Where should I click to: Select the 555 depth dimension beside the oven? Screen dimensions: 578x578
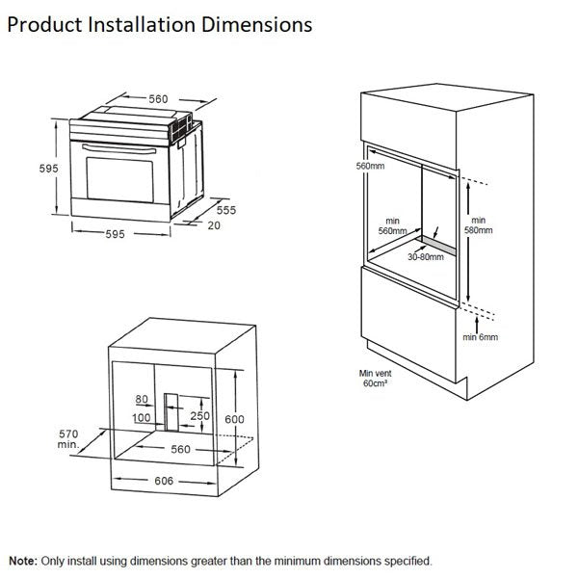coord(225,208)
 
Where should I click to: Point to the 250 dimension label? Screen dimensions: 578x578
coord(199,415)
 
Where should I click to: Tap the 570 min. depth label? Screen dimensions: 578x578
coord(67,438)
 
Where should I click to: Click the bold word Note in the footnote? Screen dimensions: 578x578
coord(23,560)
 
